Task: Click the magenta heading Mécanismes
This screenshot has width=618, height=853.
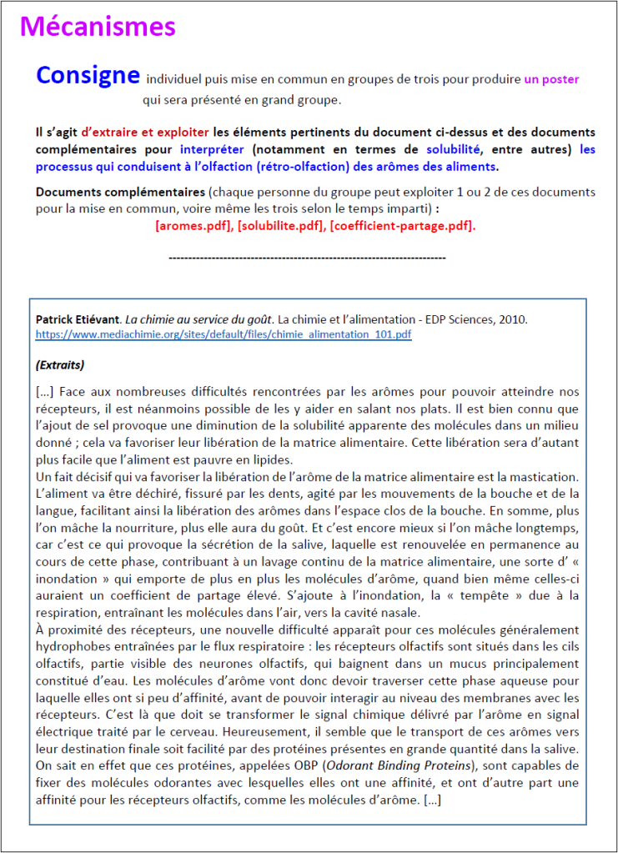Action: pyautogui.click(x=98, y=27)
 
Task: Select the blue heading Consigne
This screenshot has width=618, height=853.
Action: pyautogui.click(x=87, y=76)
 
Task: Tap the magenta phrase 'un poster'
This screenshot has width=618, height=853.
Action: pyautogui.click(x=551, y=80)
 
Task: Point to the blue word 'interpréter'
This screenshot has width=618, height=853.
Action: pyautogui.click(x=211, y=148)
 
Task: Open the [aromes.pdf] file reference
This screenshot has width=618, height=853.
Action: pyautogui.click(x=193, y=226)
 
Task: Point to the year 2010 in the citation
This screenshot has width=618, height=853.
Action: pyautogui.click(x=513, y=319)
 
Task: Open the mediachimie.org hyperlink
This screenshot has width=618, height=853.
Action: pyautogui.click(x=223, y=334)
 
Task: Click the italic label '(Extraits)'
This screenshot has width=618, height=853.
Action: pyautogui.click(x=60, y=364)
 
